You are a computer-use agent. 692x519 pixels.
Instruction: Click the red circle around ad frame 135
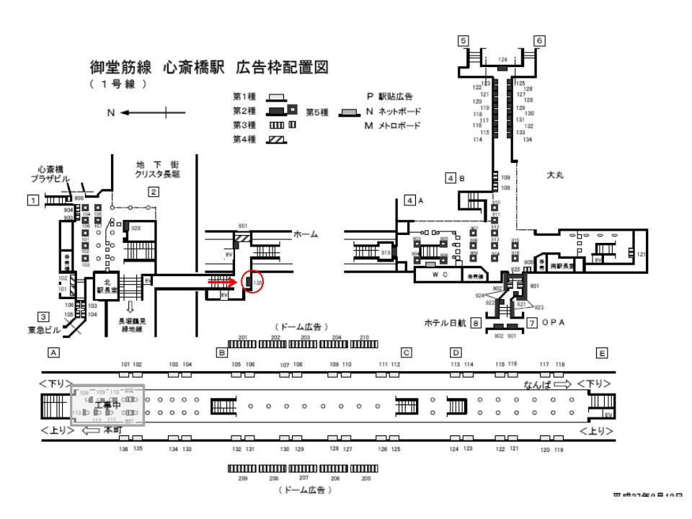click(255, 282)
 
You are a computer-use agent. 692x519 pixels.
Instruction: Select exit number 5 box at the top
click(464, 40)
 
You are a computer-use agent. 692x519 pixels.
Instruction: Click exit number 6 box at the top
click(539, 40)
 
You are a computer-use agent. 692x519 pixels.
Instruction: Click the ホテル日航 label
click(448, 323)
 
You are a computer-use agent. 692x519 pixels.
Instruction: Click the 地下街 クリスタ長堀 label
click(156, 170)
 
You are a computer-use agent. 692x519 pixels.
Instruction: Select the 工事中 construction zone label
click(106, 406)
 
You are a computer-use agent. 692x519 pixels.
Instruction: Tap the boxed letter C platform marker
click(406, 352)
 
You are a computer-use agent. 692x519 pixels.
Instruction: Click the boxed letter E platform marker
click(602, 352)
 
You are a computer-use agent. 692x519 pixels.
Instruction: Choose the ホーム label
click(306, 235)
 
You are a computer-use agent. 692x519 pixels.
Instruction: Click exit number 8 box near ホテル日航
click(476, 323)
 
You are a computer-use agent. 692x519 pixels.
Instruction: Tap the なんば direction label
click(544, 385)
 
